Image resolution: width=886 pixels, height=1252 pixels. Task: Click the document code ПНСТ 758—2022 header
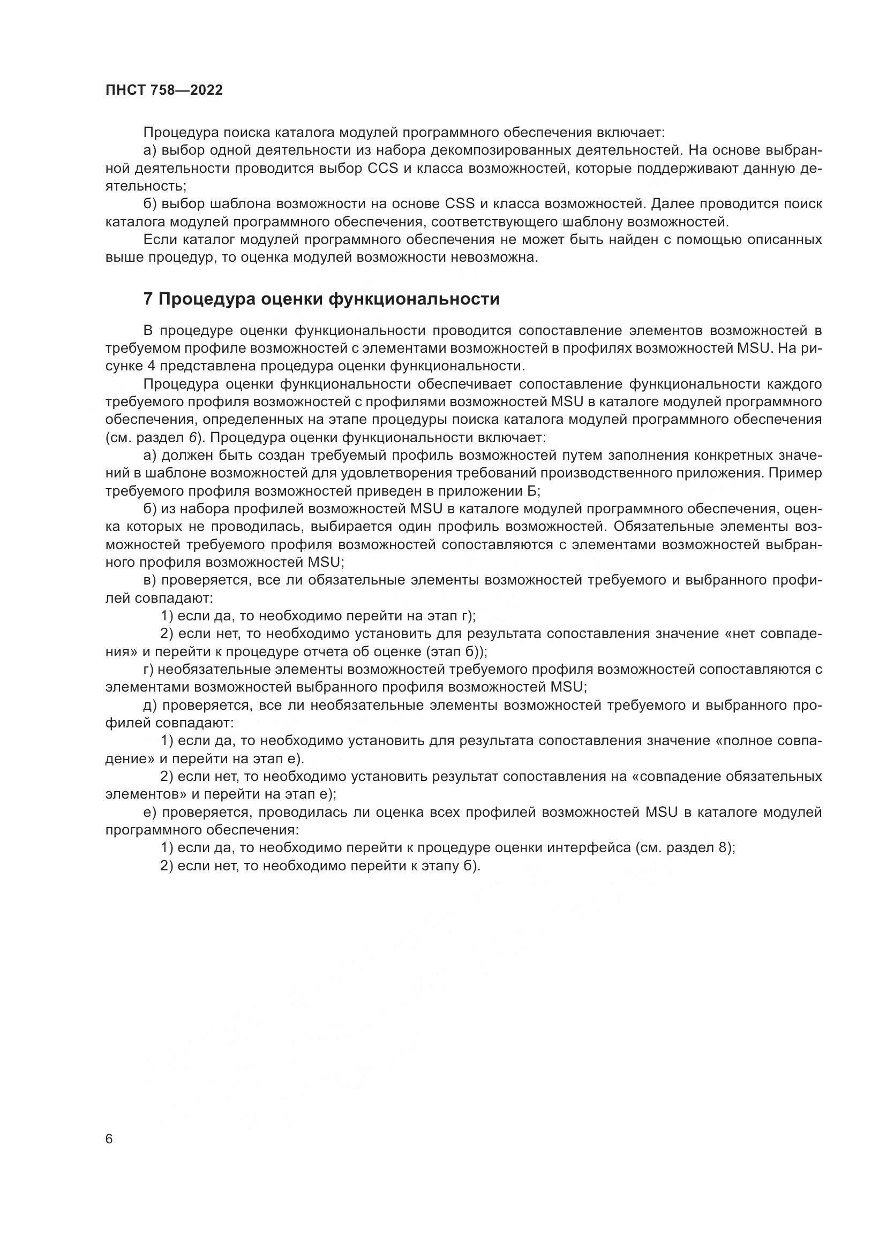coord(164,90)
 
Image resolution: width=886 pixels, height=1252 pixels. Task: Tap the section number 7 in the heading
coord(148,299)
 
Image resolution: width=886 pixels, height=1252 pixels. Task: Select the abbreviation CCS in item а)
coord(383,168)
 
